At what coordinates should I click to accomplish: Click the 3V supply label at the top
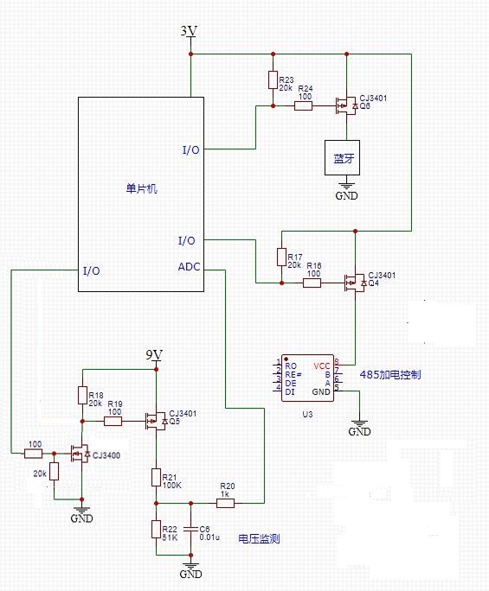click(189, 30)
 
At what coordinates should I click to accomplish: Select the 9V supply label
click(154, 354)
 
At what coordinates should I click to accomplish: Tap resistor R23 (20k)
click(273, 79)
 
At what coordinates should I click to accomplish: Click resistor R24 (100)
click(303, 106)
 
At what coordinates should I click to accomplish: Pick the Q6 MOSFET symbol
click(346, 106)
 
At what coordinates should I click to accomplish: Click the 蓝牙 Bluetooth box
click(342, 157)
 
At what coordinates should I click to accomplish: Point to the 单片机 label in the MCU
click(141, 188)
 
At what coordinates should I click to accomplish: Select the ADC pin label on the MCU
click(189, 267)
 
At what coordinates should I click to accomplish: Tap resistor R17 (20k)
click(281, 257)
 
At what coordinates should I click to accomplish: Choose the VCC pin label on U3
click(322, 366)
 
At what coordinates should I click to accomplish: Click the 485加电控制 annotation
click(390, 375)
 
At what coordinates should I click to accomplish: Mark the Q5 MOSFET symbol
click(156, 421)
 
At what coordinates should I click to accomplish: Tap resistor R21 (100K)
click(156, 477)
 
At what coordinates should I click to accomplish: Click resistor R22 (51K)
click(156, 529)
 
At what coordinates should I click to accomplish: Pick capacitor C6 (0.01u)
click(191, 529)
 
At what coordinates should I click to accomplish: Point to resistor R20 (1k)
click(225, 503)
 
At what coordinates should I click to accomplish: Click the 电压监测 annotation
click(259, 538)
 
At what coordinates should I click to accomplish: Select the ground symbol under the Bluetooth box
click(346, 186)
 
